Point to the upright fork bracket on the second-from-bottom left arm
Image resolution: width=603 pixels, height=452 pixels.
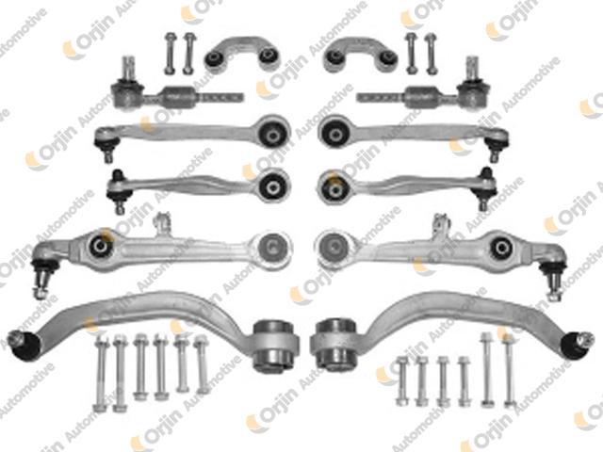coord(162,225)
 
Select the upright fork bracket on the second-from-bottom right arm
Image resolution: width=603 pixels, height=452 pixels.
coord(438,227)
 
